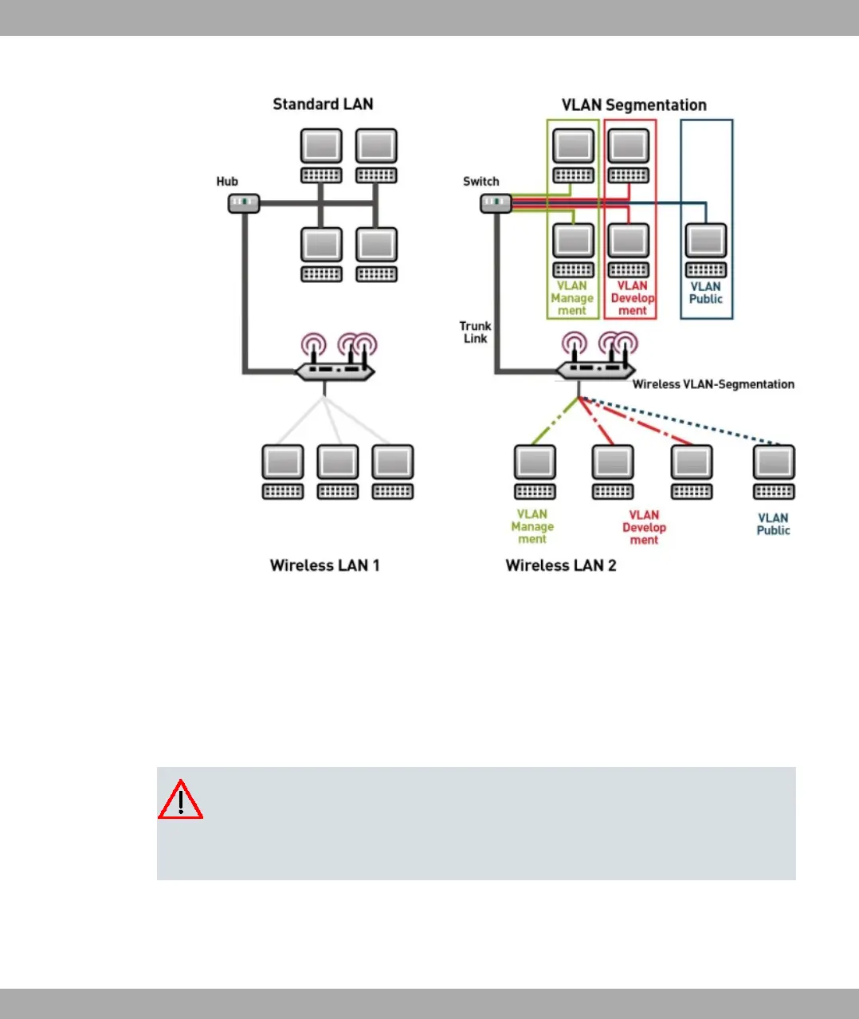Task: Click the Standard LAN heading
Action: point(323,104)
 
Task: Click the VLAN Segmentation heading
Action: point(633,105)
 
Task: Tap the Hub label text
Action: point(227,182)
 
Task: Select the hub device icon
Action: point(244,203)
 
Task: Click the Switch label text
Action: point(480,182)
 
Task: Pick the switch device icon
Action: point(496,203)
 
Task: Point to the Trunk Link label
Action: point(475,332)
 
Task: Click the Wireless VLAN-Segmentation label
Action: point(713,384)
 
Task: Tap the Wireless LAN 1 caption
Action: point(324,565)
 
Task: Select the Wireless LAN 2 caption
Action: point(561,565)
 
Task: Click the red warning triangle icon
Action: point(180,800)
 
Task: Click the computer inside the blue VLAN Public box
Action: point(706,250)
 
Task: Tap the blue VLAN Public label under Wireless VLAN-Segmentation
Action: point(773,524)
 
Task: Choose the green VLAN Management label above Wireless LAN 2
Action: point(532,526)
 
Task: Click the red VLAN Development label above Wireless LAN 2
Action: point(644,527)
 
